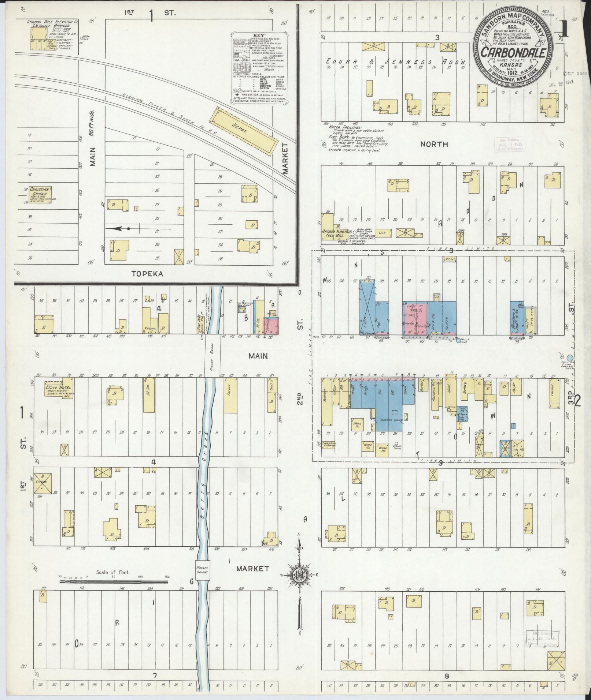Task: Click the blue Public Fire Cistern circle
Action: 570,358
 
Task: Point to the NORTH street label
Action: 434,144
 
